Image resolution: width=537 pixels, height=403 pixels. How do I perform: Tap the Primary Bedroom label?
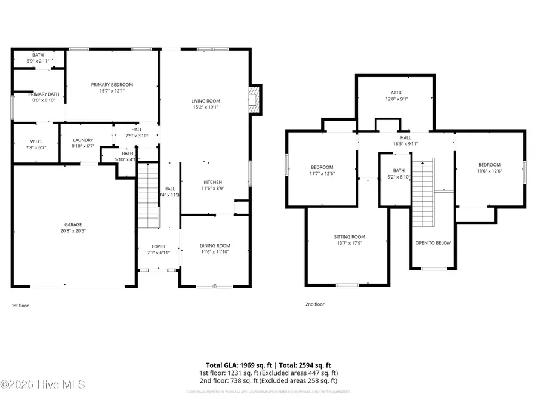(112, 85)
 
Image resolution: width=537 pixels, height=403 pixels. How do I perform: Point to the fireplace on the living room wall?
(255, 99)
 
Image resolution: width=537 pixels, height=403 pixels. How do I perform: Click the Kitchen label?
(213, 182)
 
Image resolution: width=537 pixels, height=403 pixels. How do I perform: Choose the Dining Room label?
(215, 245)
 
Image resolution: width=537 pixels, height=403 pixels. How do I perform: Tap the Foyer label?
(158, 246)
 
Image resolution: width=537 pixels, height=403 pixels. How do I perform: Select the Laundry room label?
(83, 140)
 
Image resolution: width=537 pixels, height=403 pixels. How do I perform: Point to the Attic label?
(397, 93)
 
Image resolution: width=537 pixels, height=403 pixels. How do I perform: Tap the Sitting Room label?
(349, 237)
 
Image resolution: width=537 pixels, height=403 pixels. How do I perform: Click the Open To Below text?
(433, 243)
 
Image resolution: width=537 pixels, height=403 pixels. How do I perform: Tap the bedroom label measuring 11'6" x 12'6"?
(489, 165)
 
